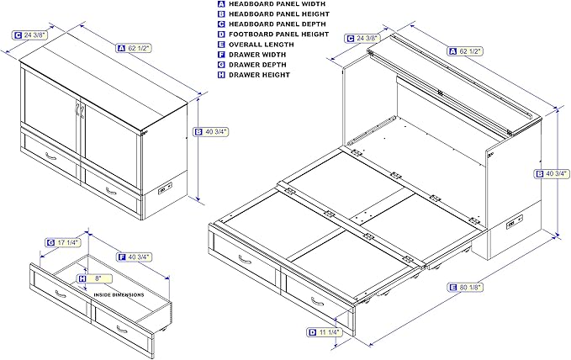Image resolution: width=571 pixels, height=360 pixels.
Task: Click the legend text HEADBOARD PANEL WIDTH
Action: (277, 4)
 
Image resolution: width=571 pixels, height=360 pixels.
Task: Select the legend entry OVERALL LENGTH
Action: (261, 45)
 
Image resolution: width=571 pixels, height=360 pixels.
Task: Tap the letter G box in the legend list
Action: (221, 65)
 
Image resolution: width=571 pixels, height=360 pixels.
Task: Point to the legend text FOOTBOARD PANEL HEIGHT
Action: (278, 34)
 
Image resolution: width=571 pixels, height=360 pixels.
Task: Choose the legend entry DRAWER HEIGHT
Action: (259, 75)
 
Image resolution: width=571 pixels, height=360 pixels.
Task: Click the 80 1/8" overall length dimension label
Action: (465, 288)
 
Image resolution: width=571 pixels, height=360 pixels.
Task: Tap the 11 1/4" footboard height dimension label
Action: (325, 332)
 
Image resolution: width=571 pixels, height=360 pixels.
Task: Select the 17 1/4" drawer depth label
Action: (63, 243)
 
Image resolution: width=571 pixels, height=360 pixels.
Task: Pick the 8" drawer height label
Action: (95, 278)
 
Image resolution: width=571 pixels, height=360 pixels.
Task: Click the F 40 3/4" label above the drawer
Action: (135, 257)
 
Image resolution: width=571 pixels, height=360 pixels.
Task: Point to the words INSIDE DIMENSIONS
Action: (119, 294)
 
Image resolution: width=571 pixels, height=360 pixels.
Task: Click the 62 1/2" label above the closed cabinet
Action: (134, 48)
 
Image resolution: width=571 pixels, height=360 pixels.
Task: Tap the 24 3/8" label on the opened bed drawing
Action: (362, 38)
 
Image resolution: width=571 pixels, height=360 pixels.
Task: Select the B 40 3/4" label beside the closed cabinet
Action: (211, 132)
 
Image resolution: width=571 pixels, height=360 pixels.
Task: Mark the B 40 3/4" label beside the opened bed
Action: (552, 174)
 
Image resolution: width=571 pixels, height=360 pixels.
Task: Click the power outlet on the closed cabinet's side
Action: (166, 189)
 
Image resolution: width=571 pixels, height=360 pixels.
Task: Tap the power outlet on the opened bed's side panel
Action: (515, 222)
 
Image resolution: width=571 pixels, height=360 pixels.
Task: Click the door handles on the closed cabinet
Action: (80, 109)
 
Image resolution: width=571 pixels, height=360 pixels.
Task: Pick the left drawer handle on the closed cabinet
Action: (51, 156)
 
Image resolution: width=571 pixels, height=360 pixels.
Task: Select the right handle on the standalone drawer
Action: (122, 330)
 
